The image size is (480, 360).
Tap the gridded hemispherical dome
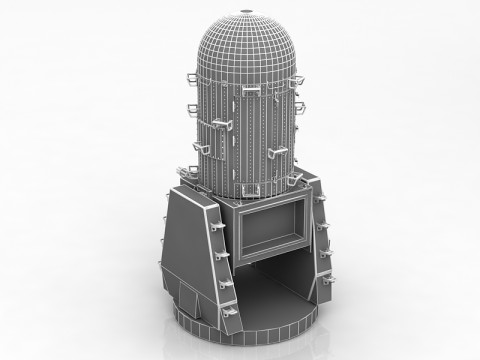click(246, 50)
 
